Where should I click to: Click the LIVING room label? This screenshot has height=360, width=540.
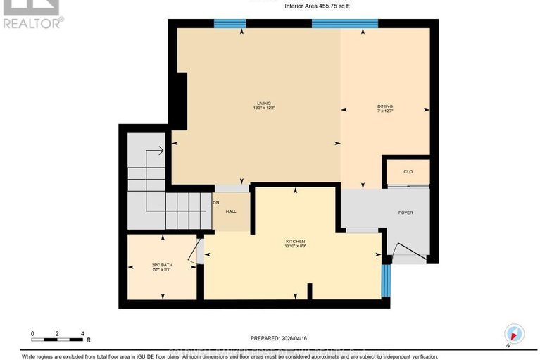264,103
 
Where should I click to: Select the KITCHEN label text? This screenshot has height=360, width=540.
294,241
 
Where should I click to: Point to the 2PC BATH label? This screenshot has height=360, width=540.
162,264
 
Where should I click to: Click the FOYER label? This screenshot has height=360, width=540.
406,213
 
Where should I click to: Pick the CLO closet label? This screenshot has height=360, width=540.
408,171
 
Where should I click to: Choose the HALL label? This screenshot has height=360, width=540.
230,211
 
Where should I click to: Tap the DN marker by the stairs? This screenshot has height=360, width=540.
217,202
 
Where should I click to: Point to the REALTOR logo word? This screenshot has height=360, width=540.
32,23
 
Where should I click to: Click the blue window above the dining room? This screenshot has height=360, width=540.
345,23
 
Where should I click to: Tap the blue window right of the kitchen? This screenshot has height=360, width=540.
385,280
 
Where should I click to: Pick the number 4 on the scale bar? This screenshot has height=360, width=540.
82,333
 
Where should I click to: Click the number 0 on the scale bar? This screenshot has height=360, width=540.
32,333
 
